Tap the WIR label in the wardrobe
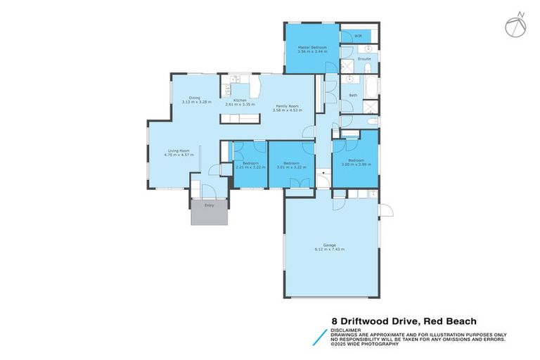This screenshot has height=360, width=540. pyautogui.click(x=358, y=36)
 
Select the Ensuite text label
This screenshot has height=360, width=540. pyautogui.click(x=364, y=58)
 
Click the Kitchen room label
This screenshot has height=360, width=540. pyautogui.click(x=240, y=101)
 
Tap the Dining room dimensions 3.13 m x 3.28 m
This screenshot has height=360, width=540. pyautogui.click(x=196, y=103)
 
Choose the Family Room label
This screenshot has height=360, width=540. pyautogui.click(x=287, y=106)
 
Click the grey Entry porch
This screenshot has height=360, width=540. pyautogui.click(x=210, y=212)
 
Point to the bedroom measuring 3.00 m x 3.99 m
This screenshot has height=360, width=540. pyautogui.click(x=356, y=164)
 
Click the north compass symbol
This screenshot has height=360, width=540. pyautogui.click(x=515, y=24)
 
